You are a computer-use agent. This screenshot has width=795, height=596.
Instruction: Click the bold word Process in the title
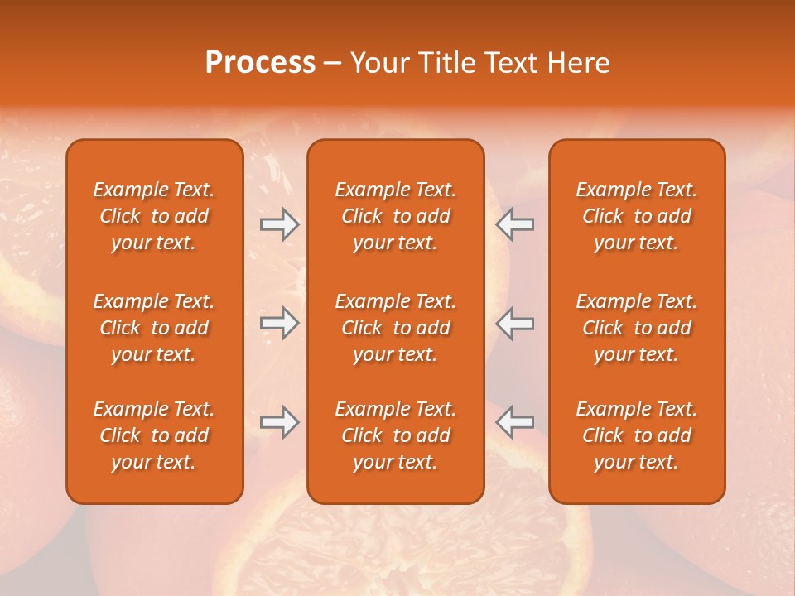coord(260,63)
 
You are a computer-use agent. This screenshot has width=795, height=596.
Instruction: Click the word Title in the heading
coord(447,63)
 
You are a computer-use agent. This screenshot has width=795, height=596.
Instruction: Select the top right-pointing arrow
coord(279,224)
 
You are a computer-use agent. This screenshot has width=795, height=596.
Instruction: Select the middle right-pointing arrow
coord(279,323)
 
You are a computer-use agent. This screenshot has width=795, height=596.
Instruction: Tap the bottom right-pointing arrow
coord(279,421)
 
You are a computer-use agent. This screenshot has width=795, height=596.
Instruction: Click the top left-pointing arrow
coord(515,224)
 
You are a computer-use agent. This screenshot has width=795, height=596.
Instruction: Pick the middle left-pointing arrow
coord(515,323)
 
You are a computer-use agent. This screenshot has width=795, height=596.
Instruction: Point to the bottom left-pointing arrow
coord(515,421)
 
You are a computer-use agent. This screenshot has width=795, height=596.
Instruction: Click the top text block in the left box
coord(154,216)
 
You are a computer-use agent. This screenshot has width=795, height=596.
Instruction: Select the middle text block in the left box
coord(154,328)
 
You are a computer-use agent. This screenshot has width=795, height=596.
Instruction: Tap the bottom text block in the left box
coord(154,435)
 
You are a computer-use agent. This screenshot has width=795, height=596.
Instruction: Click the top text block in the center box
coord(395,216)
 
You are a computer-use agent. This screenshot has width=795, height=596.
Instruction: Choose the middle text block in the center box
coord(395,328)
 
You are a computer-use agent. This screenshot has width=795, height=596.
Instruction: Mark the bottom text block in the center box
coord(395,435)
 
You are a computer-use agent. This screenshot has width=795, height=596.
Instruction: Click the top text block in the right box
coord(636,216)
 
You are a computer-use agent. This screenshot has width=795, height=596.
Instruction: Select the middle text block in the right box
coord(636,328)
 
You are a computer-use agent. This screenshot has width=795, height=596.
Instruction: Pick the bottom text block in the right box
coord(636,435)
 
